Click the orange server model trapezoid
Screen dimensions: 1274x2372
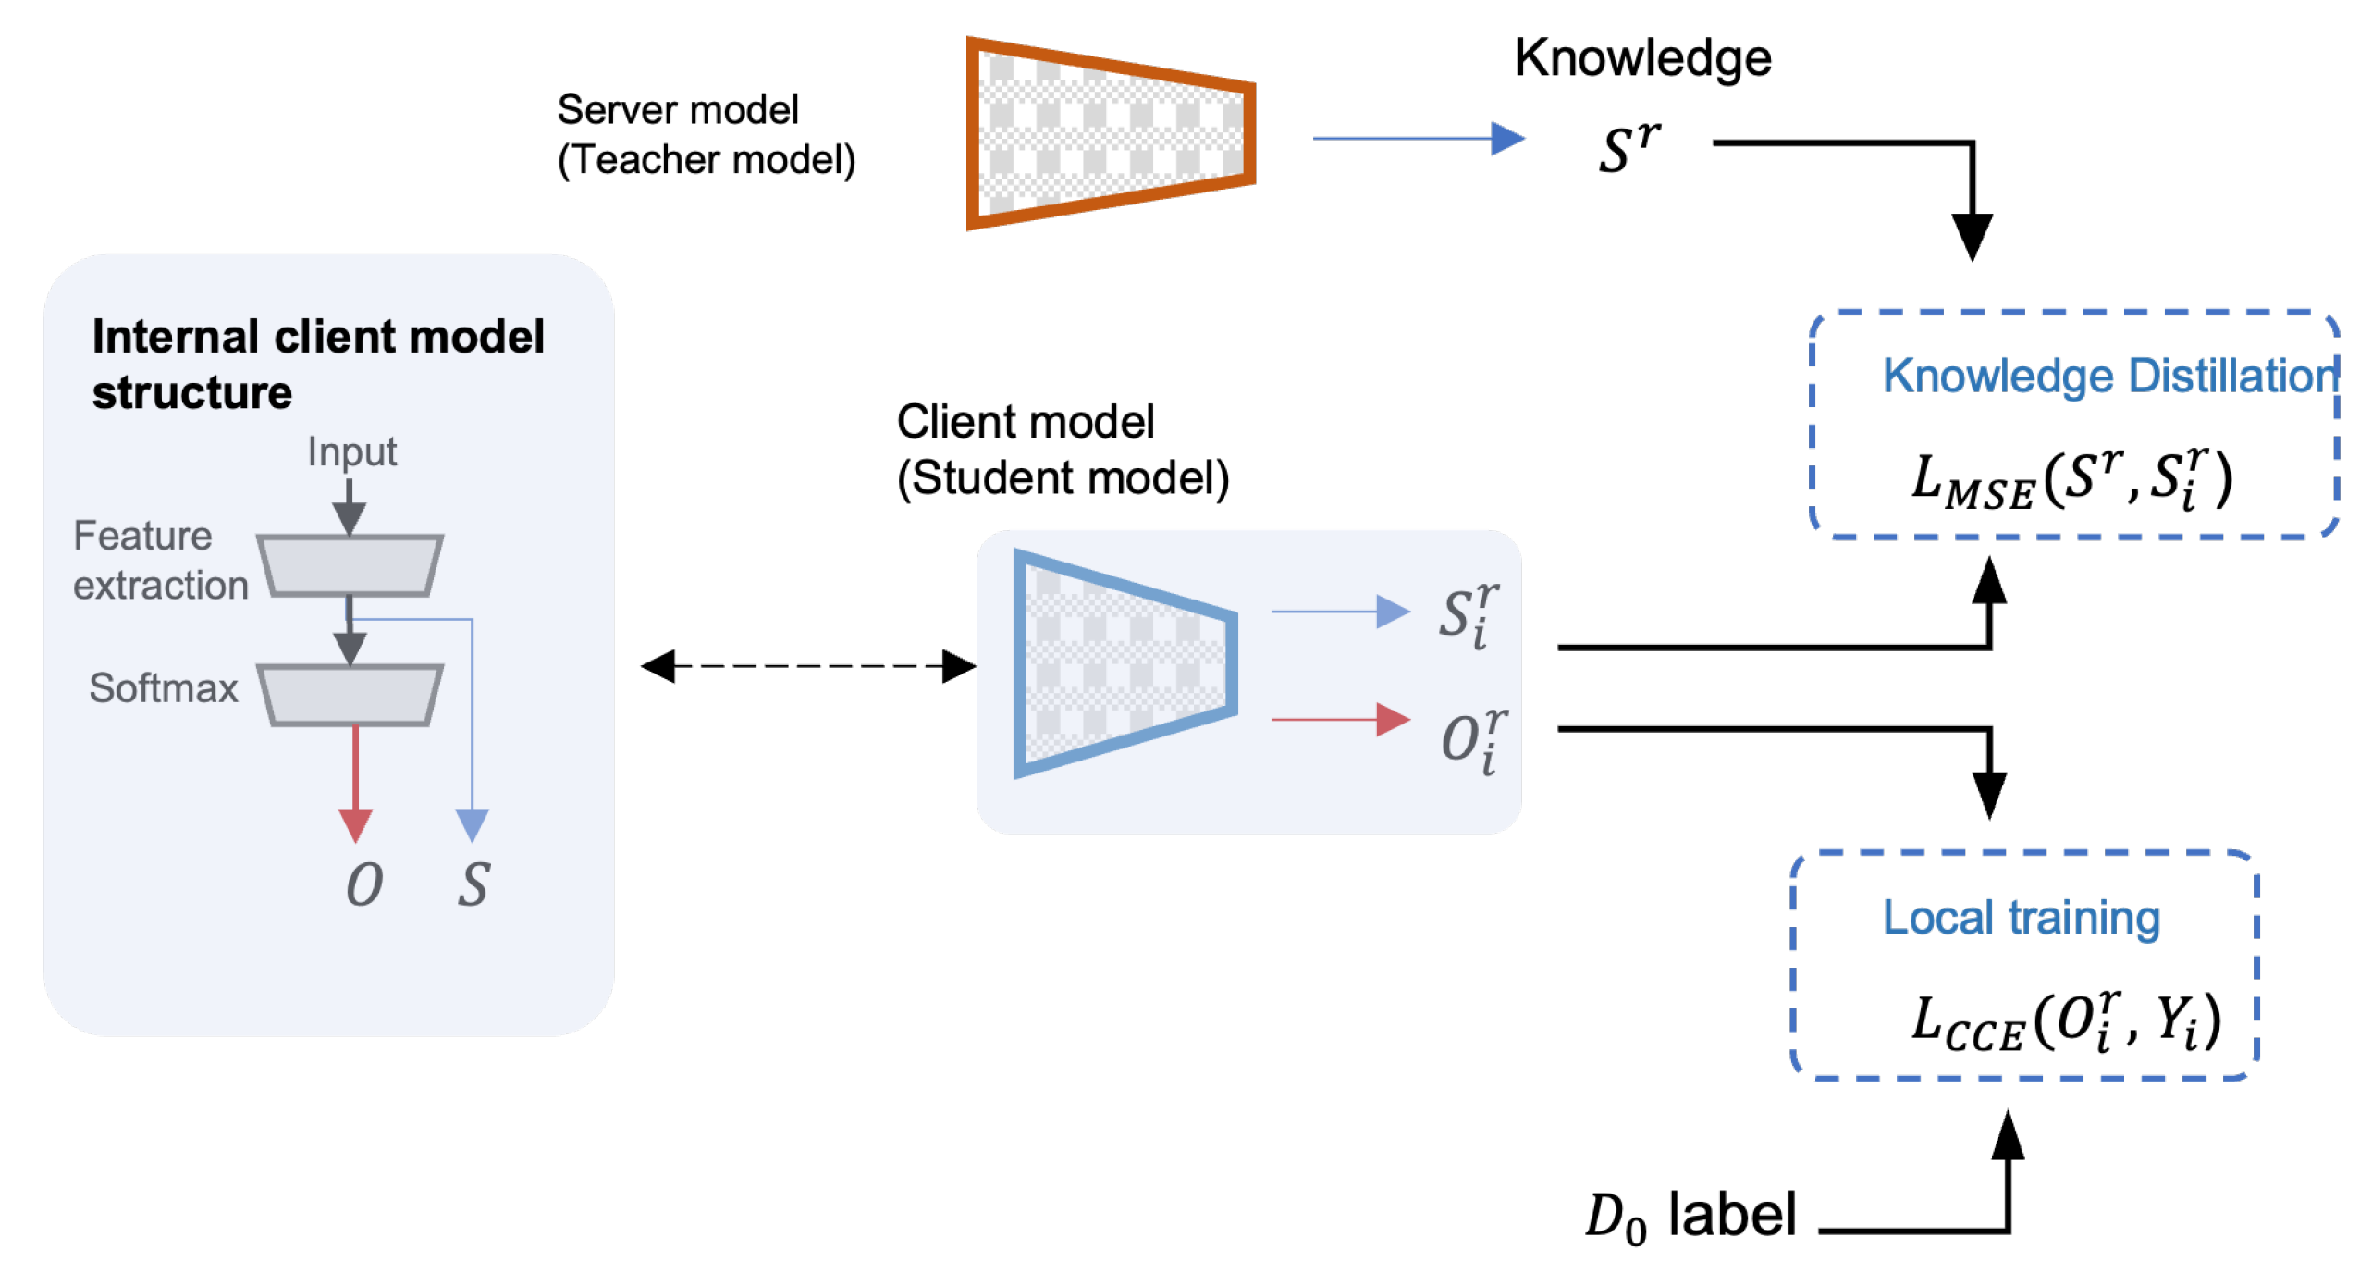[x=1109, y=133]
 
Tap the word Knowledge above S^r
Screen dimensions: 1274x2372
[x=1641, y=58]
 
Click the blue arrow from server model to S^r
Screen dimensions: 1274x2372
[x=1415, y=139]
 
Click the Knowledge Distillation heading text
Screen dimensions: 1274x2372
[x=2108, y=376]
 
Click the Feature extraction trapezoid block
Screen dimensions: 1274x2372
[x=349, y=564]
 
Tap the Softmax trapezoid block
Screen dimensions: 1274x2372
[x=349, y=694]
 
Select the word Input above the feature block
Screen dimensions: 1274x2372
[x=351, y=451]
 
